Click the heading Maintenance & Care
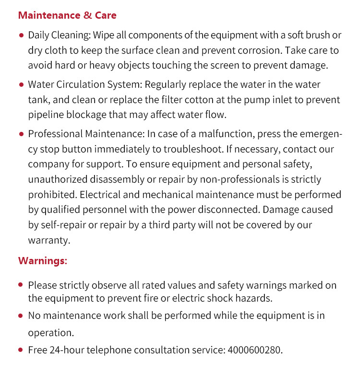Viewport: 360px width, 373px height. click(67, 15)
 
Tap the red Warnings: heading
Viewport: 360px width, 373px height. click(43, 261)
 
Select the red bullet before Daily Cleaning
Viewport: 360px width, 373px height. click(21, 35)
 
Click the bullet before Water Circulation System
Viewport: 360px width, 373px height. click(21, 85)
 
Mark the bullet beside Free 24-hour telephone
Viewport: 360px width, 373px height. click(21, 350)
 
